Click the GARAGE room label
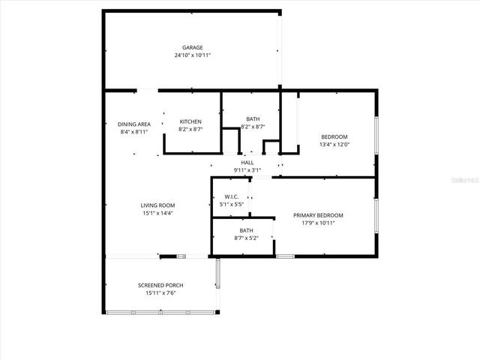click(192, 47)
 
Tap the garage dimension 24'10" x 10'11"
click(192, 55)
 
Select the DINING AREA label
click(134, 124)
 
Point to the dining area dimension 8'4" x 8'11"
click(134, 131)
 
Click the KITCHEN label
click(190, 121)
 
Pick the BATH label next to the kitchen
click(253, 119)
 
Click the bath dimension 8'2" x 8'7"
click(253, 127)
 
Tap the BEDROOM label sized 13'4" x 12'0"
click(334, 136)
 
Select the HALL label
click(247, 162)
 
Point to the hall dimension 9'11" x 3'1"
click(247, 169)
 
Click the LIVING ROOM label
click(157, 205)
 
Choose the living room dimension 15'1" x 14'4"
click(157, 213)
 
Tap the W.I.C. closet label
click(231, 196)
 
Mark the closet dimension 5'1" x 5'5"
click(231, 204)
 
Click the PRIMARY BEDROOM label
click(313, 215)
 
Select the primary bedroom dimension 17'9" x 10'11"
click(313, 223)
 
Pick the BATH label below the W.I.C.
click(246, 230)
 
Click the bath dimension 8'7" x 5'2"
click(246, 238)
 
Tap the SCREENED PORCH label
click(160, 285)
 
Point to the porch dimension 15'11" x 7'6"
click(160, 292)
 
